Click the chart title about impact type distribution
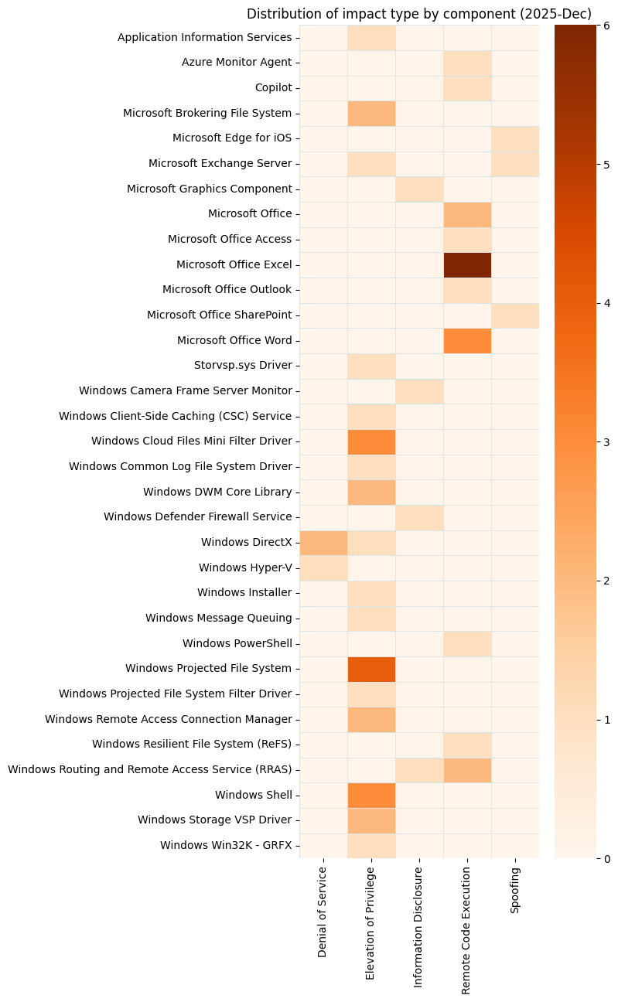click(x=418, y=14)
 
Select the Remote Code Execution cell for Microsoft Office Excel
click(x=467, y=264)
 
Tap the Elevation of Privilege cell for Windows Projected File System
click(x=371, y=669)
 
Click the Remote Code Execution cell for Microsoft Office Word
click(x=467, y=340)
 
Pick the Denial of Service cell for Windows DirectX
click(x=323, y=543)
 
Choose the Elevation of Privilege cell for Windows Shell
click(x=371, y=795)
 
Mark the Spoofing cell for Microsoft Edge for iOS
click(x=515, y=138)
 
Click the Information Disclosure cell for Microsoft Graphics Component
click(x=419, y=189)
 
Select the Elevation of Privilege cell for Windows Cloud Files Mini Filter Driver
click(x=371, y=441)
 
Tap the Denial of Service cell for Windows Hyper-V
click(x=323, y=567)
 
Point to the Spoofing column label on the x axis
click(x=515, y=890)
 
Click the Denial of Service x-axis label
click(x=323, y=912)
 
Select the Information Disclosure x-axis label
click(x=419, y=927)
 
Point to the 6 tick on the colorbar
click(x=606, y=26)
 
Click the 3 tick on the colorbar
click(x=606, y=441)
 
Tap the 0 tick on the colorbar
click(x=606, y=858)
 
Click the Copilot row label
click(x=273, y=87)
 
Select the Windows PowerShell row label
click(x=237, y=643)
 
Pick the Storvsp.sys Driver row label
click(x=243, y=366)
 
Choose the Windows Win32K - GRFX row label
click(x=226, y=845)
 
